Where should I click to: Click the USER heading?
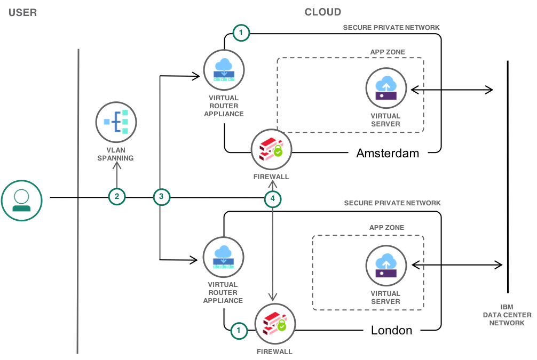[22, 12]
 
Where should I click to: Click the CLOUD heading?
[322, 12]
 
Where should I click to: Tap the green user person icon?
[21, 201]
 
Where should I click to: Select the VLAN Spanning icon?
[116, 122]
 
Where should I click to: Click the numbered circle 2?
[117, 196]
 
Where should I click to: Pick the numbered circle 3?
[161, 196]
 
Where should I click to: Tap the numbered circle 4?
[273, 199]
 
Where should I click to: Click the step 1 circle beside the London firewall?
[239, 331]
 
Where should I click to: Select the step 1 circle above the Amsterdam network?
[241, 33]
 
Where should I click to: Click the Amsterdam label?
[388, 154]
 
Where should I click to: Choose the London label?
[392, 330]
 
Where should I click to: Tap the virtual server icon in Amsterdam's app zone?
[386, 88]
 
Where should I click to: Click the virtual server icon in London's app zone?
[386, 266]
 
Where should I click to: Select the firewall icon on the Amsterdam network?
[271, 150]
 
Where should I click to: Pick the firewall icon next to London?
[275, 324]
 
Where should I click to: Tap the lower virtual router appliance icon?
[223, 257]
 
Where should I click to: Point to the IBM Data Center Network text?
[507, 315]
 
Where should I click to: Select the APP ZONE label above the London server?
[386, 228]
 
